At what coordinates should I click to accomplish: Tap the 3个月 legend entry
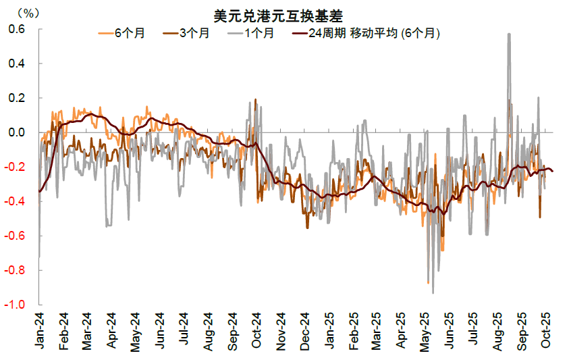coord(193,32)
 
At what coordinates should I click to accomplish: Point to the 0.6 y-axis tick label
coord(16,30)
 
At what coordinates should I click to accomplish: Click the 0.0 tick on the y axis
coord(16,132)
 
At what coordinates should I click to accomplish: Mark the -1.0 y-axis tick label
coord(15,305)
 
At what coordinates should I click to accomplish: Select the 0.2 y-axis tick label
coord(16,98)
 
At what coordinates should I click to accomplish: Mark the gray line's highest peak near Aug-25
coord(508,34)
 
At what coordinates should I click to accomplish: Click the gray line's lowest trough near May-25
coord(433,292)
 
